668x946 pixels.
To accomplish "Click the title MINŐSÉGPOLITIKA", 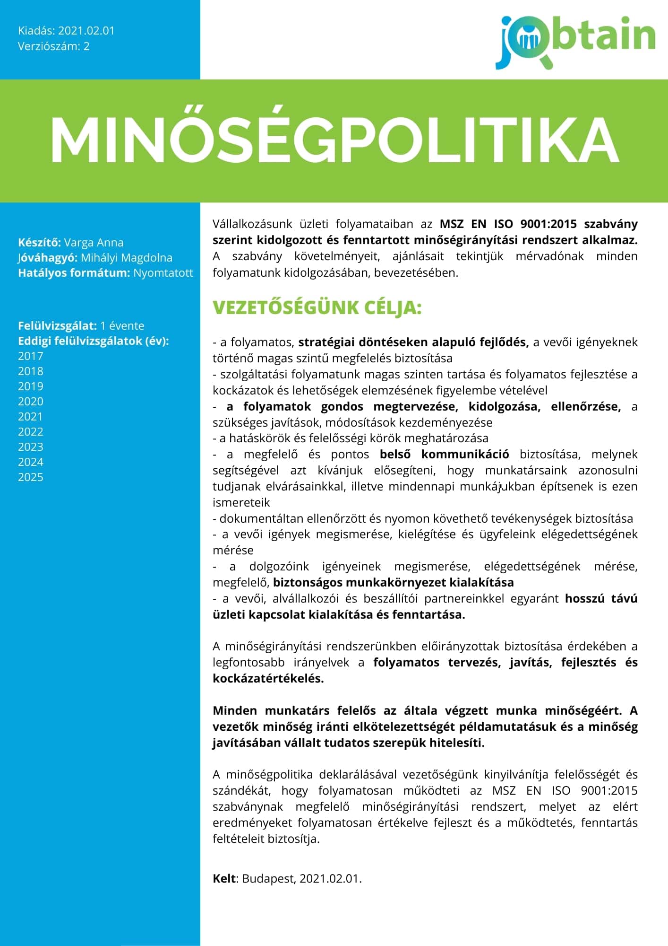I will click(x=334, y=140).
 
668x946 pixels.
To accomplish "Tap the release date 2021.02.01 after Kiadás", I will click(x=86, y=31).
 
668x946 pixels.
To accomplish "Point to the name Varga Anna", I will click(x=94, y=243).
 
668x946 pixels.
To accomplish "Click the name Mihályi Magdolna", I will click(x=126, y=258).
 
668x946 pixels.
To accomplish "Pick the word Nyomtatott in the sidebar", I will click(x=163, y=273).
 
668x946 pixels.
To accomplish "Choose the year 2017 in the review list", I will click(x=31, y=356).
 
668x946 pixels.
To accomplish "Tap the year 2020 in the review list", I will click(x=31, y=402).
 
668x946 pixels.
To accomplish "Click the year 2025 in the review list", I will click(x=31, y=477).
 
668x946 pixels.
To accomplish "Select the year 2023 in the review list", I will click(x=31, y=447).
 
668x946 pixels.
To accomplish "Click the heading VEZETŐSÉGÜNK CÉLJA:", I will click(x=317, y=308).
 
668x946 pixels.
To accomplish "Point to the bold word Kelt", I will click(x=224, y=879).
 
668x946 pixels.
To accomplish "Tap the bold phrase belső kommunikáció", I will click(x=444, y=455).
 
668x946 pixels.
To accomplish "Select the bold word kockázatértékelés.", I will click(x=268, y=678).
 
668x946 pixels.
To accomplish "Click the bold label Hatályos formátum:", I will click(x=74, y=273).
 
